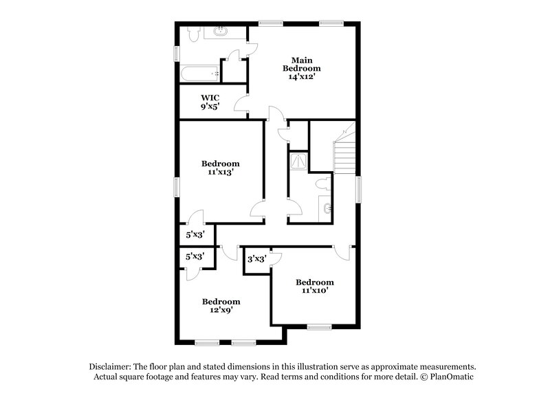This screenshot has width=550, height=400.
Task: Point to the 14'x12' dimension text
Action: (302, 77)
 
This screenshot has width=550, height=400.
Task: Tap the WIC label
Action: (210, 98)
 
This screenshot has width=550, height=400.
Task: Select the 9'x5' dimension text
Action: (210, 107)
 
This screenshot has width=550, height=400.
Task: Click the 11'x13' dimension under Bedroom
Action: (220, 173)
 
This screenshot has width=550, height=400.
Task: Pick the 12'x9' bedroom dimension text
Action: (221, 311)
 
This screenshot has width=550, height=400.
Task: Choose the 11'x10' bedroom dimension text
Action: (315, 291)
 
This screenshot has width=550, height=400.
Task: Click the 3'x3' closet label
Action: (256, 259)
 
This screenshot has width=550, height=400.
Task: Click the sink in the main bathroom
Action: (221, 32)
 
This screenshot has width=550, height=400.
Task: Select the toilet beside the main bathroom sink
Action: (192, 32)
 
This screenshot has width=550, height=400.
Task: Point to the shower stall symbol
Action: (299, 161)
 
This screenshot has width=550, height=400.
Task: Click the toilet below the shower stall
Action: (321, 184)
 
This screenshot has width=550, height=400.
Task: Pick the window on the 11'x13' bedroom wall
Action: (176, 186)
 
